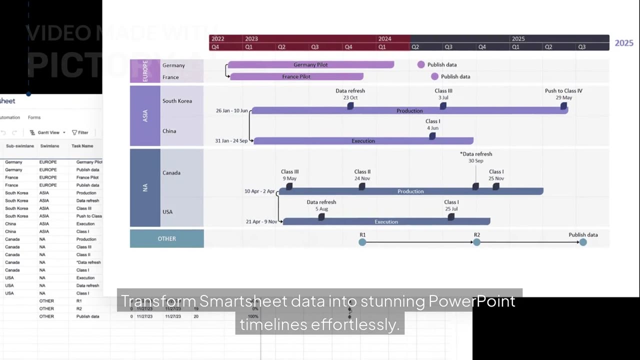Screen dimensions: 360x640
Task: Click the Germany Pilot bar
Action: [310, 64]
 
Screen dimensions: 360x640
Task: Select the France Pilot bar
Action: [296, 76]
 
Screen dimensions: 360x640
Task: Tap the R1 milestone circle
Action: [362, 242]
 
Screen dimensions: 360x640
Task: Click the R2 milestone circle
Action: [477, 242]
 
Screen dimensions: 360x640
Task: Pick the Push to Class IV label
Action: [563, 91]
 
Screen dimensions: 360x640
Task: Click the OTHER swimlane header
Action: [166, 238]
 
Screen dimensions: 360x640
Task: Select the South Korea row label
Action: [177, 101]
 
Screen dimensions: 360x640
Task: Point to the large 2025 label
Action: [623, 43]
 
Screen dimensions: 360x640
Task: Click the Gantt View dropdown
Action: [48, 132]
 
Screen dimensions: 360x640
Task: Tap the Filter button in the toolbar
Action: [80, 132]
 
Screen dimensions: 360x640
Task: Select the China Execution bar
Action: [363, 141]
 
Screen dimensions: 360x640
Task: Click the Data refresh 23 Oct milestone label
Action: [350, 94]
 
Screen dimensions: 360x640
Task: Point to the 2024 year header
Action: [384, 38]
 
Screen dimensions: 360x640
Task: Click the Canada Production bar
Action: [410, 191]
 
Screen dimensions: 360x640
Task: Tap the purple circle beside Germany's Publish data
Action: [421, 64]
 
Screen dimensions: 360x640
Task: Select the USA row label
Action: [167, 212]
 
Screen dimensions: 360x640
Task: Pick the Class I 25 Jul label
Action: [451, 205]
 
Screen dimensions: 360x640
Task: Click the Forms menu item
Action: [34, 117]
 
